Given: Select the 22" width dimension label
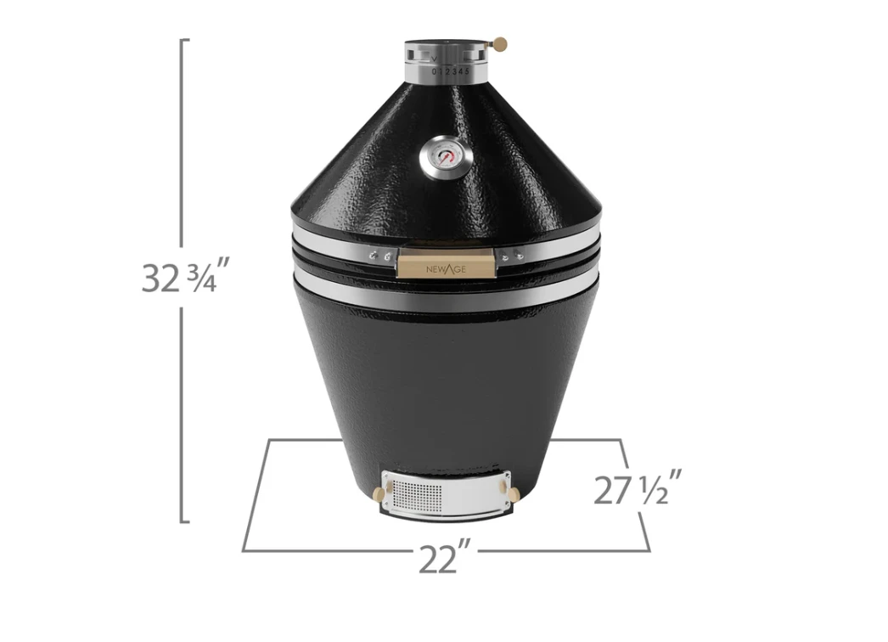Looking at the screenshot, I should coord(444,559).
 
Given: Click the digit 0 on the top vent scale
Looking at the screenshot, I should coord(434,72).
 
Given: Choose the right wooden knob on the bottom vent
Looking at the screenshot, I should coord(513,494).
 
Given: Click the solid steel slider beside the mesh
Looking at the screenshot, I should coord(472,493).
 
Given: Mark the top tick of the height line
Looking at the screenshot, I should coord(185,39).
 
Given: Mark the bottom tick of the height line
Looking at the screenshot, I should coord(185,521).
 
